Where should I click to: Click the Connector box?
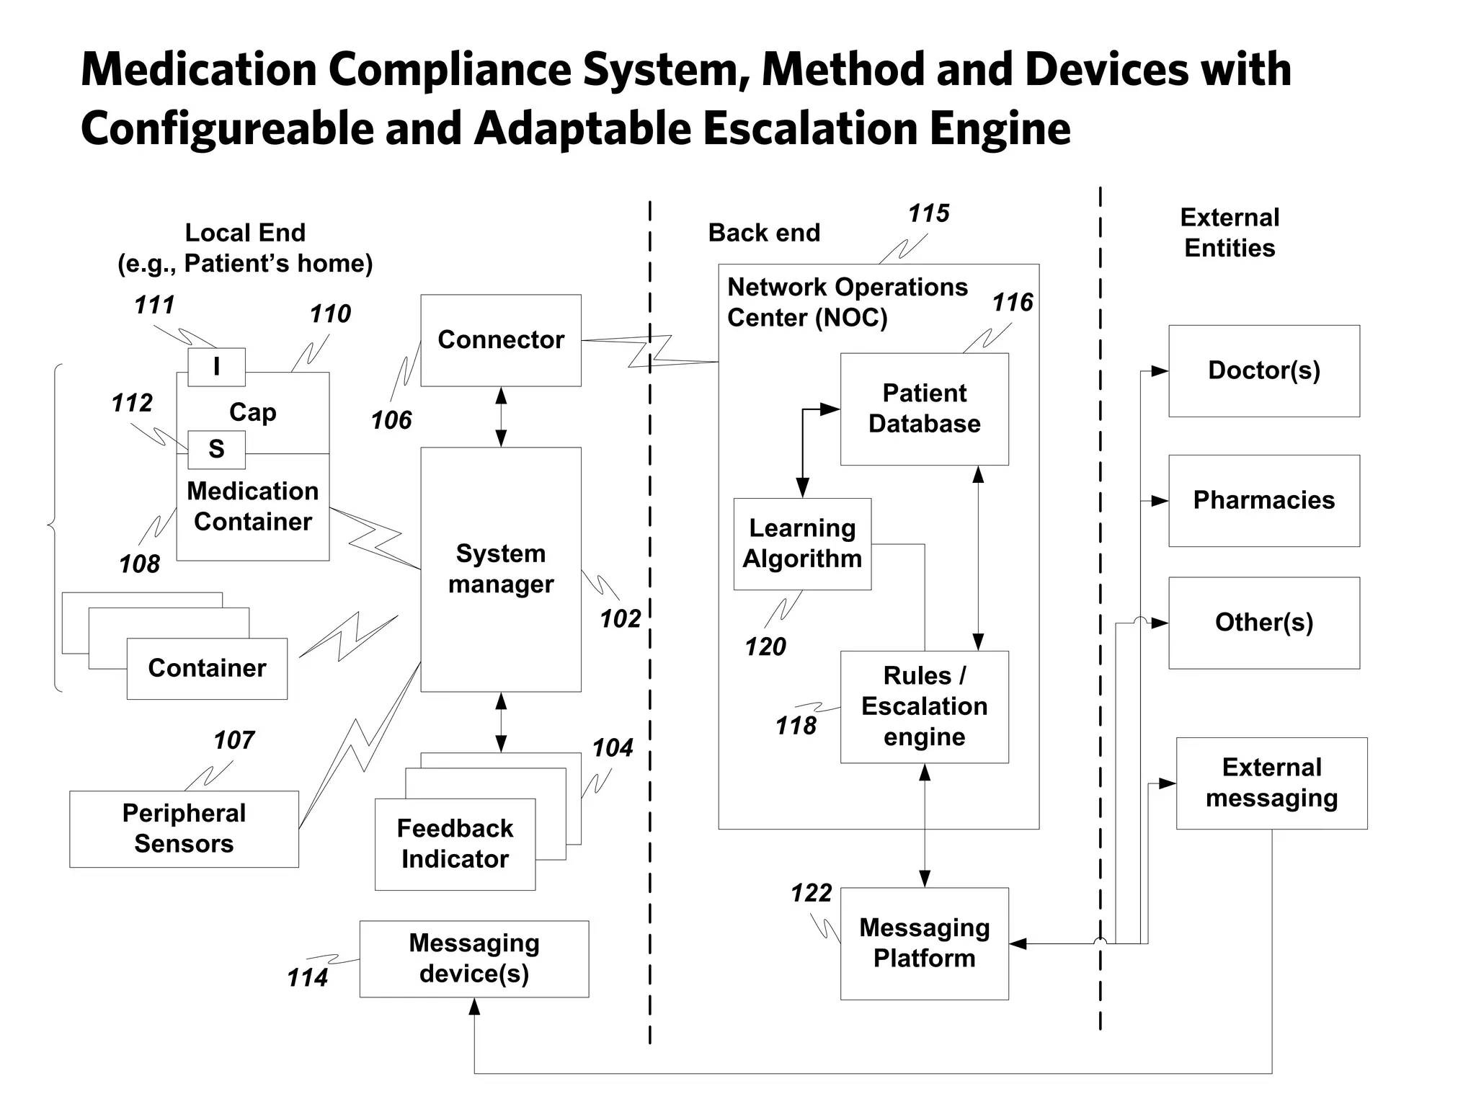(x=501, y=340)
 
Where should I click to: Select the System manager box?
(x=501, y=569)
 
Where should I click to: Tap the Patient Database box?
(x=924, y=409)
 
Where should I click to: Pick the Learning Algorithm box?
(x=802, y=544)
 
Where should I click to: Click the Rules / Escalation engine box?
(x=924, y=706)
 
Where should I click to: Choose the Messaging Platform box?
(x=924, y=943)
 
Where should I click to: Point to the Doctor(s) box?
(x=1263, y=370)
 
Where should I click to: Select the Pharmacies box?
(x=1263, y=500)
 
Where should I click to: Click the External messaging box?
(x=1271, y=783)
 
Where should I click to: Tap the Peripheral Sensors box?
(x=184, y=829)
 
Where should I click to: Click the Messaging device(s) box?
(x=474, y=959)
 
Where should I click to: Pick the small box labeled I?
(x=216, y=367)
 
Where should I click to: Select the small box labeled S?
(x=216, y=449)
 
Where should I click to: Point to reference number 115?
(x=928, y=213)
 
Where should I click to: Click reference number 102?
(x=620, y=618)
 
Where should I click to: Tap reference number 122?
(x=811, y=894)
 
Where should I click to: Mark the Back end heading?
(x=764, y=233)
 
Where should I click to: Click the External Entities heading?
(x=1230, y=233)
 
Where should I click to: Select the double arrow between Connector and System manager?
(x=501, y=417)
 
